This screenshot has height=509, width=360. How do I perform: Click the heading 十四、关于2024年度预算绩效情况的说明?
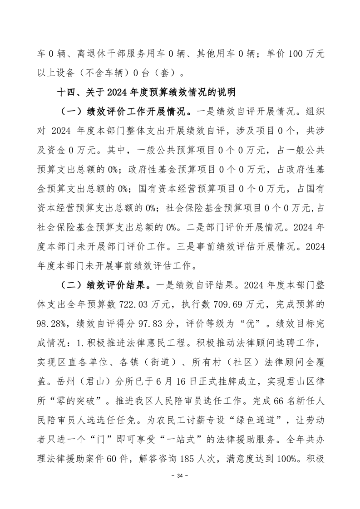click(145, 93)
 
